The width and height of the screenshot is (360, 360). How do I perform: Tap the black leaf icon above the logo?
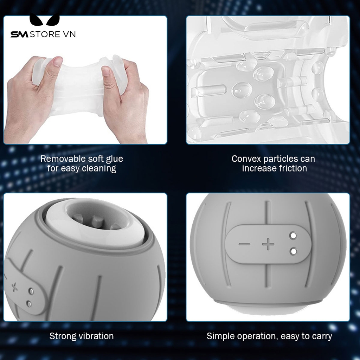(x=45, y=19)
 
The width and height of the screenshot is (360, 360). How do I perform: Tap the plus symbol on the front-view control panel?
(x=268, y=244)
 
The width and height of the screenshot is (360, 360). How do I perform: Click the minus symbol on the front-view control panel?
(x=244, y=244)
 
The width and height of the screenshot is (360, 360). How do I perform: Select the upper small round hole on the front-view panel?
(x=293, y=236)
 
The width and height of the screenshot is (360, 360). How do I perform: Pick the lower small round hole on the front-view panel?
(x=293, y=251)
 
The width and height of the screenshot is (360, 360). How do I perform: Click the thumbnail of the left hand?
(x=57, y=62)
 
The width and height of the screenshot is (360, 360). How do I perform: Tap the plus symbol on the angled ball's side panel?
(x=14, y=287)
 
